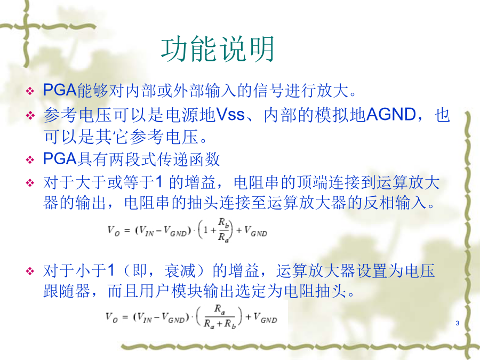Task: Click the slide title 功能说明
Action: coord(218,49)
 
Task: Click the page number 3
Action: coord(458,323)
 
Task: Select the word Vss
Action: coord(230,115)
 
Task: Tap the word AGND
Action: coord(391,115)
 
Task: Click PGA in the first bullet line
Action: coord(60,90)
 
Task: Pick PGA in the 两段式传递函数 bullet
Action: coord(60,158)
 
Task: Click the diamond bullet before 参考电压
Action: coord(30,115)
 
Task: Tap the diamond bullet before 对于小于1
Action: coord(30,271)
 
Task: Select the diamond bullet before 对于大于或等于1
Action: coord(30,183)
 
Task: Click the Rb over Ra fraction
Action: coord(223,230)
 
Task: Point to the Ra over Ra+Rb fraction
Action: coord(220,317)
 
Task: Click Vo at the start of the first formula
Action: coord(113,230)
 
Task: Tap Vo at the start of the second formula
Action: coord(111,317)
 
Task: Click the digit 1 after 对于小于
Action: coord(111,270)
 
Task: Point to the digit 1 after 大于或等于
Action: coord(159,182)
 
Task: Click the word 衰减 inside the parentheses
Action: coord(180,270)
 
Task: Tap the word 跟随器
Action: coord(67,291)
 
